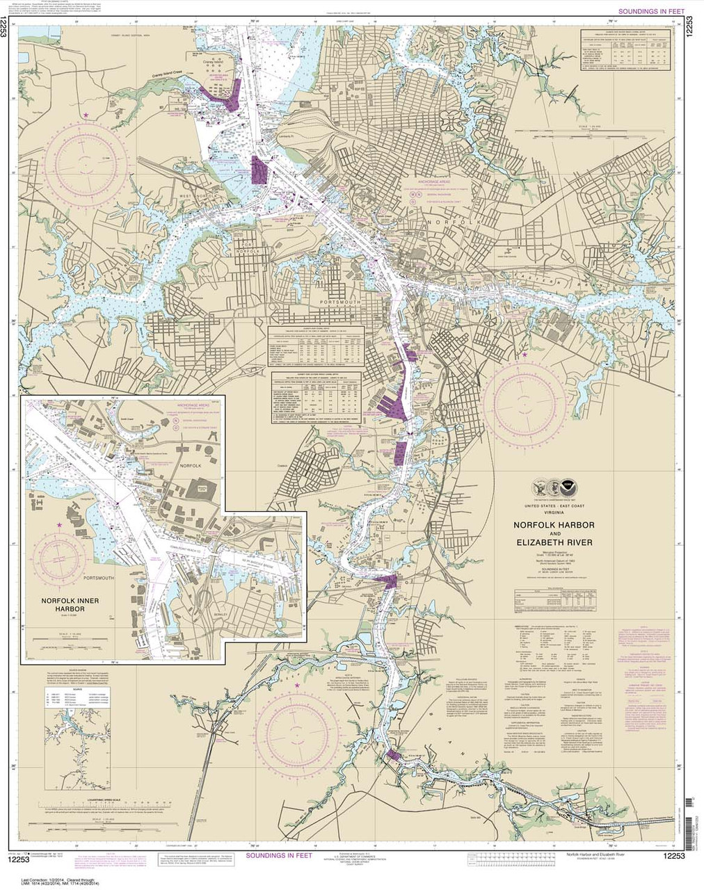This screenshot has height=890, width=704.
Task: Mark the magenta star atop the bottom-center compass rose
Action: [298, 686]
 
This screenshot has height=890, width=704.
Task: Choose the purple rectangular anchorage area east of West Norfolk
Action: [258, 170]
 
